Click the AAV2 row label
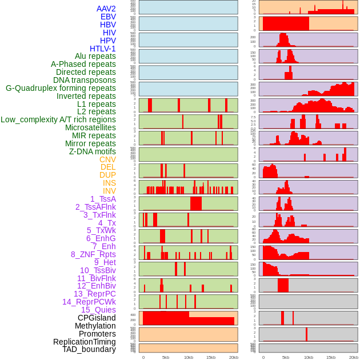106,9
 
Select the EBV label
108,17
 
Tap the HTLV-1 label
103,49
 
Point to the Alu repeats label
95,56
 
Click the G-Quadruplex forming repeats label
61,88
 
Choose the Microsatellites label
90,127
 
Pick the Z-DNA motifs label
93,151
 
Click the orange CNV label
107,159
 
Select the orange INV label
109,191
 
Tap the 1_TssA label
103,199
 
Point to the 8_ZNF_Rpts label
93,254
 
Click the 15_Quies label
98,310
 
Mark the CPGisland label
97,318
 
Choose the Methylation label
95,326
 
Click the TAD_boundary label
89,349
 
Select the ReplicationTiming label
84,342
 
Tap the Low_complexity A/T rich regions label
58,119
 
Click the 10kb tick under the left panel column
188,357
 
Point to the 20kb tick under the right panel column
354,357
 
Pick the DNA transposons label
85,80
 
